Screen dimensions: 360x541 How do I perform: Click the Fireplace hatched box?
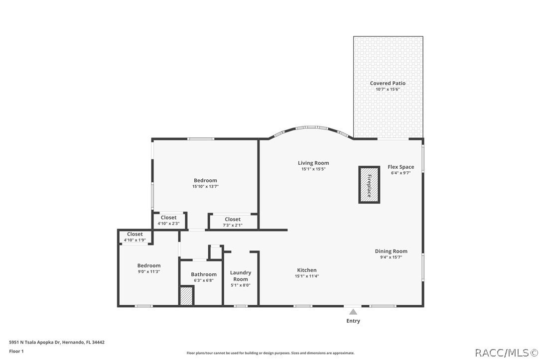pos(369,185)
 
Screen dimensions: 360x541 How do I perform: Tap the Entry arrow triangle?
pos(353,312)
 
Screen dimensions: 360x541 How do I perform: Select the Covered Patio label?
pos(388,83)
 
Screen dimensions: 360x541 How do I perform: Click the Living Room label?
pos(313,163)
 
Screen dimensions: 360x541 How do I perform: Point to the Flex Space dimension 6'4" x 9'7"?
pos(401,173)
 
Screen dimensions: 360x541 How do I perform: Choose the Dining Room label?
pos(391,251)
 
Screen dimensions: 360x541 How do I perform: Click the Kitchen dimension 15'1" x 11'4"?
pos(307,276)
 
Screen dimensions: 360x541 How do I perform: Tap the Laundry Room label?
pos(241,276)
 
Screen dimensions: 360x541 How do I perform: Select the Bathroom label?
pos(204,274)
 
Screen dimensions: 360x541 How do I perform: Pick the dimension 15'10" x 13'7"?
pos(205,187)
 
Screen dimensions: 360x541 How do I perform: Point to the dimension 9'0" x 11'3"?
pos(149,272)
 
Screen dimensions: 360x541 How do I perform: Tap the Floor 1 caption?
pos(16,351)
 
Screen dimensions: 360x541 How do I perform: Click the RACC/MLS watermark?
pos(505,353)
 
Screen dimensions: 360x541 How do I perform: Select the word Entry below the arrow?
pos(353,321)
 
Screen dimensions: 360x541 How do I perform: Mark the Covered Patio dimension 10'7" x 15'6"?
pos(388,89)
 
